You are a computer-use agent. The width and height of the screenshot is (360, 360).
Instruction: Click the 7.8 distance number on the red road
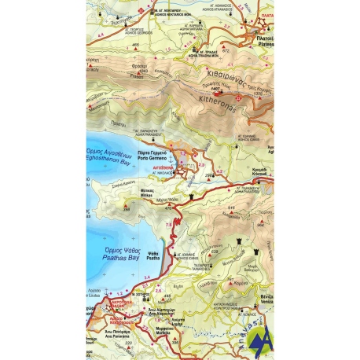tap(168, 226)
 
